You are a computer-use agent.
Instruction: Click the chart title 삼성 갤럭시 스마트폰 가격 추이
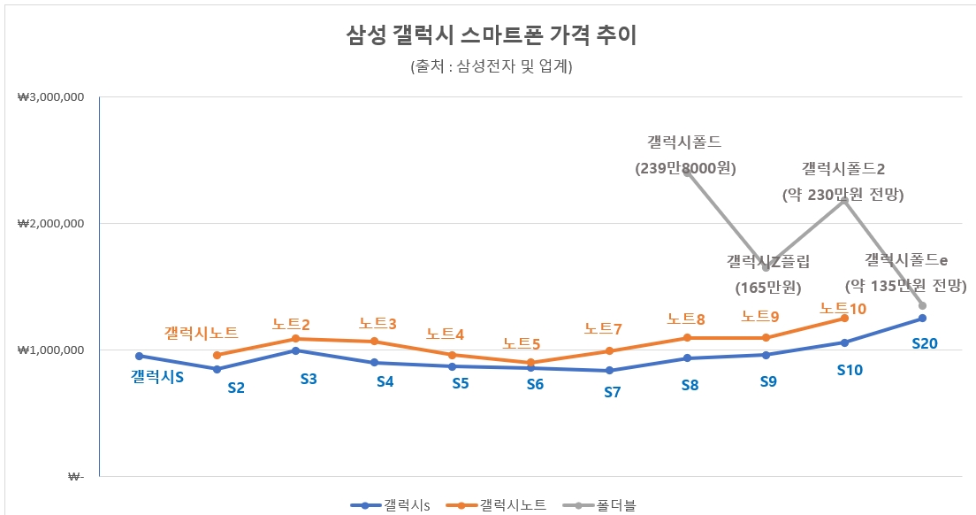(x=491, y=36)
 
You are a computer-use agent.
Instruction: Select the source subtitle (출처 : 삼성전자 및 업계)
(x=491, y=67)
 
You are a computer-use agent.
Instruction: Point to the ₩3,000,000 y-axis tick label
(x=50, y=96)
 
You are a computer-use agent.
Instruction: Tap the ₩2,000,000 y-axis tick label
(x=50, y=223)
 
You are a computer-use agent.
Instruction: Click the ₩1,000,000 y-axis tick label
(x=50, y=350)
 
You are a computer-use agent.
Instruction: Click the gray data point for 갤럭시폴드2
(x=844, y=201)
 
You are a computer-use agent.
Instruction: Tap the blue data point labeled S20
(x=922, y=318)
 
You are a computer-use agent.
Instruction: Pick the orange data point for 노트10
(x=844, y=318)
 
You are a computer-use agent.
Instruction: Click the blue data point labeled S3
(x=295, y=350)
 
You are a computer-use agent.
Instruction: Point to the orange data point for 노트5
(x=530, y=362)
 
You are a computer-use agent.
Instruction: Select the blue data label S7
(x=612, y=392)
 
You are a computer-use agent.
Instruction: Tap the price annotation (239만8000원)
(x=686, y=167)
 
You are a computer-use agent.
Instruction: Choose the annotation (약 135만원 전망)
(x=905, y=286)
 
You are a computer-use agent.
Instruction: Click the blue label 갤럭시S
(x=157, y=377)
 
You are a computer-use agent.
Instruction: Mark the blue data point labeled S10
(x=844, y=342)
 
